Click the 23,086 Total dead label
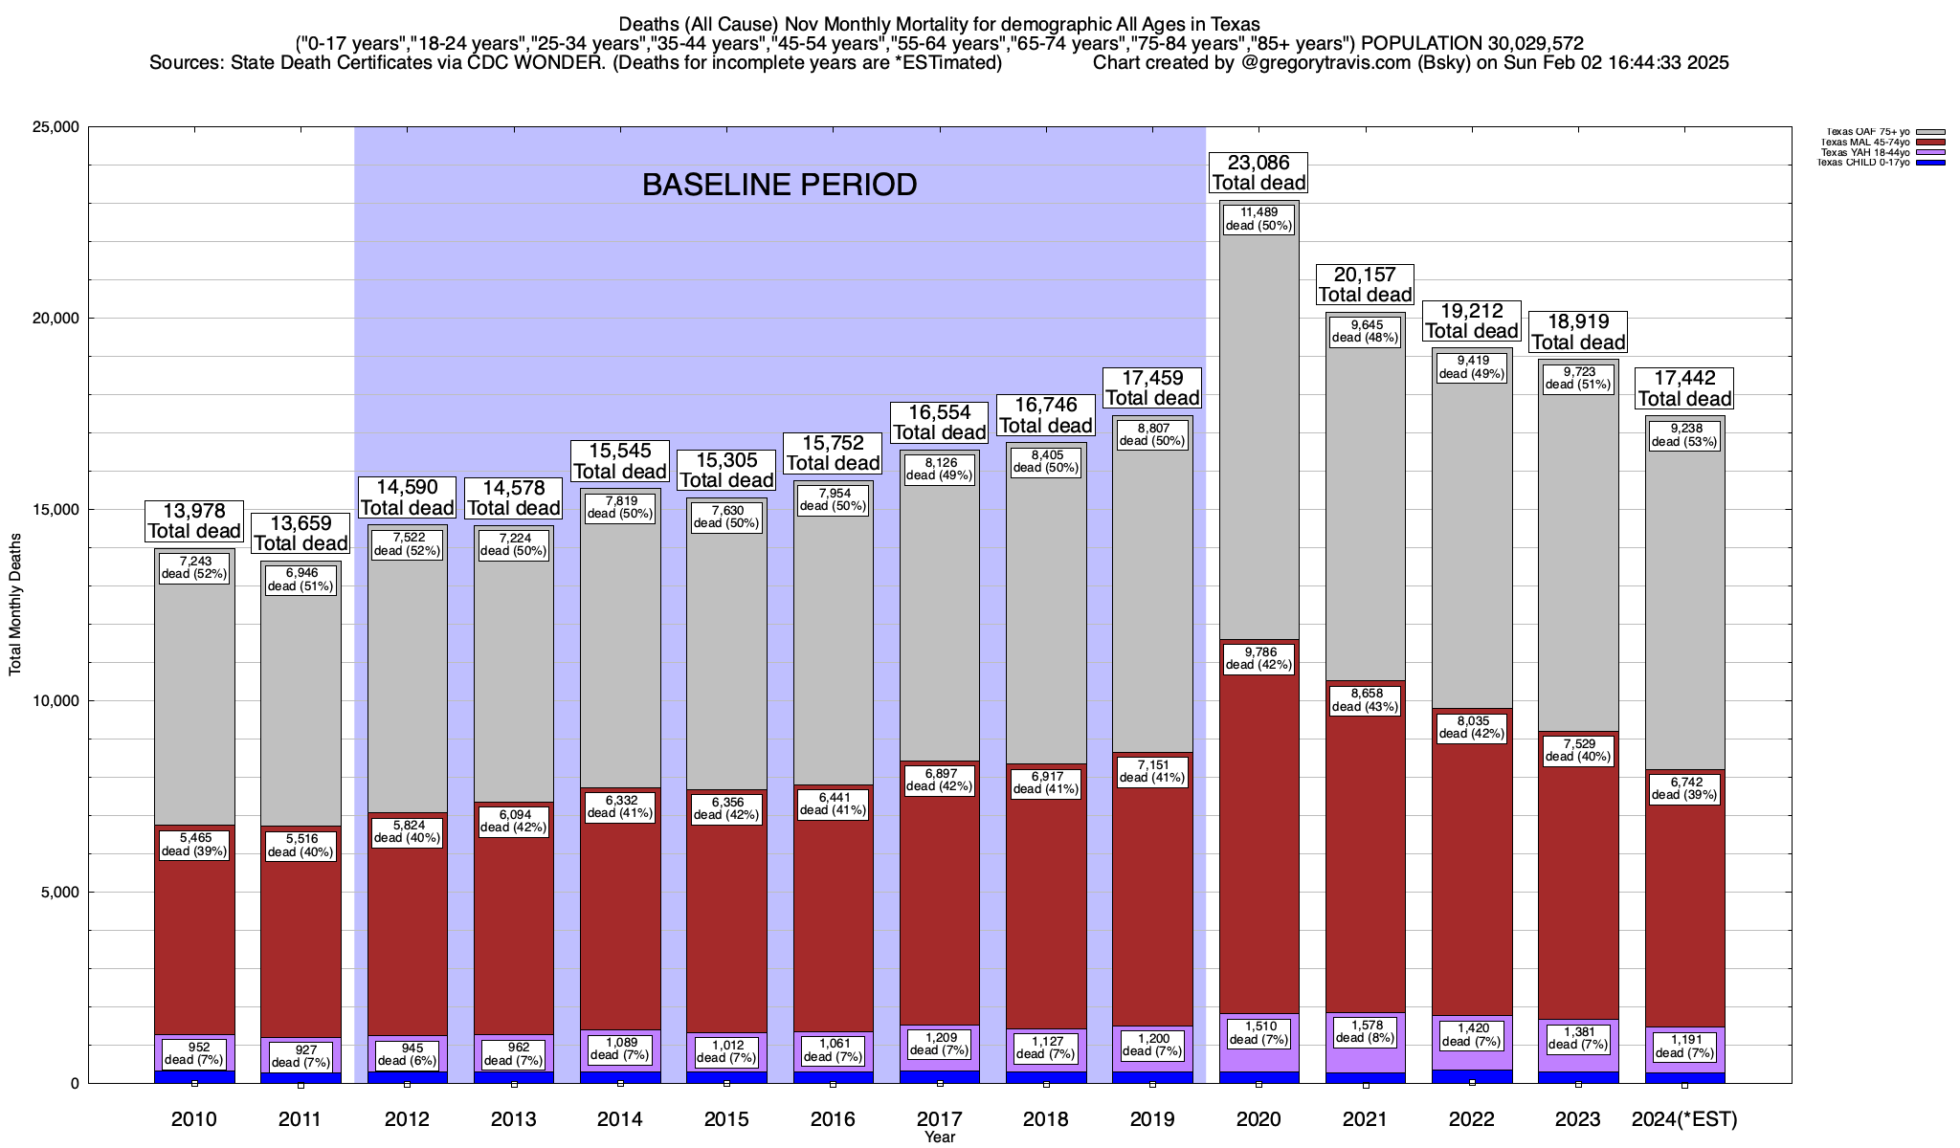(1258, 173)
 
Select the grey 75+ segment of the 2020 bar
(1258, 430)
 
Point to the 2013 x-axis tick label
(513, 1119)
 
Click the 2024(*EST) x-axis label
(1684, 1119)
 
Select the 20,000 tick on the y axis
(52, 319)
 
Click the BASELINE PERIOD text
(779, 185)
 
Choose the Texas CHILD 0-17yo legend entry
(1865, 163)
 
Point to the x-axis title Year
(940, 1137)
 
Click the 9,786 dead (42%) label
(1258, 658)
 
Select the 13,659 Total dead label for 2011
(301, 533)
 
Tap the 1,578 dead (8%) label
(1365, 1031)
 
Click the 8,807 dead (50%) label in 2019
(1152, 435)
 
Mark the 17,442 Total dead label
(1684, 388)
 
